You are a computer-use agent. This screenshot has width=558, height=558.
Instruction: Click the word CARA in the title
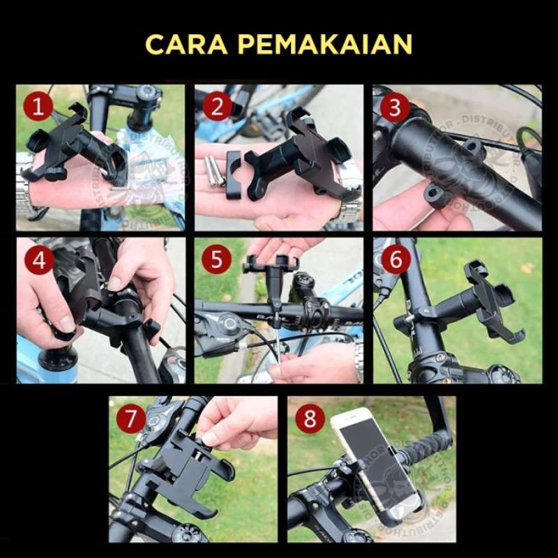point(186,44)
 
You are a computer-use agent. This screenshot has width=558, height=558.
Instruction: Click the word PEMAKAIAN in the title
point(325,44)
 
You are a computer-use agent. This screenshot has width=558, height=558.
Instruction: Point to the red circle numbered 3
point(395,107)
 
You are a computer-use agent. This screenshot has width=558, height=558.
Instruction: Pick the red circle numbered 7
point(131,419)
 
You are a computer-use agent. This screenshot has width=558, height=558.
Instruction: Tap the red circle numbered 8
point(310,419)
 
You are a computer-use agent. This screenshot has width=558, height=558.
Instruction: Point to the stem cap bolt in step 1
point(147,94)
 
